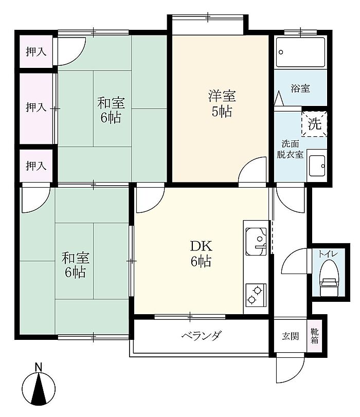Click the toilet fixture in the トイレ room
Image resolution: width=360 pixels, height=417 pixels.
pyautogui.click(x=330, y=278)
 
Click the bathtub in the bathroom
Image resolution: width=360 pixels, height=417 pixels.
pyautogui.click(x=300, y=52)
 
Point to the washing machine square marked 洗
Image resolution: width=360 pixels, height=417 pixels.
pyautogui.click(x=314, y=124)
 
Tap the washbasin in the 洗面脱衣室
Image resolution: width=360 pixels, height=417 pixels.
pyautogui.click(x=317, y=166)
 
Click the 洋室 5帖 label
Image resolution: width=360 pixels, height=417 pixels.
pyautogui.click(x=222, y=104)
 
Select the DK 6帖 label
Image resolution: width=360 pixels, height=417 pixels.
pyautogui.click(x=201, y=253)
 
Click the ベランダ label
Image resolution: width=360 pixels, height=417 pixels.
pyautogui.click(x=202, y=336)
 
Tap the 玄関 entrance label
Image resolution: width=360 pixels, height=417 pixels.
pyautogui.click(x=290, y=336)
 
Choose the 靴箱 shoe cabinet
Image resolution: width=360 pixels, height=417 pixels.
pyautogui.click(x=315, y=336)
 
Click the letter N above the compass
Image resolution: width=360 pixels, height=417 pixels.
pyautogui.click(x=39, y=367)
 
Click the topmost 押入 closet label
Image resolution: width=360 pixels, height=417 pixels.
pyautogui.click(x=36, y=51)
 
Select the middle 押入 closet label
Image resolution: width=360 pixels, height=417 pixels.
pyautogui.click(x=36, y=107)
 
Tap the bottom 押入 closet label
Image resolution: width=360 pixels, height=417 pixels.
pyautogui.click(x=36, y=166)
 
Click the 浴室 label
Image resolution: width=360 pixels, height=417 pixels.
pyautogui.click(x=300, y=88)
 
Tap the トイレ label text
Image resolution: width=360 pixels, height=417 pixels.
pyautogui.click(x=328, y=254)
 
